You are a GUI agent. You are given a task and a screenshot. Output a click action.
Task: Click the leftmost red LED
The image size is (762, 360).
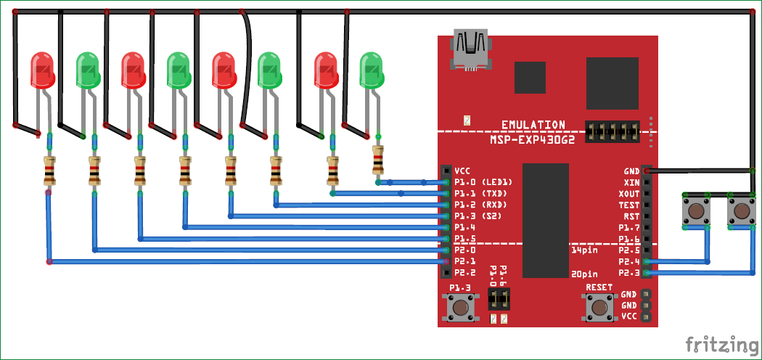41,70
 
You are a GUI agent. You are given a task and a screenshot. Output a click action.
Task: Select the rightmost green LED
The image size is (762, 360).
372,70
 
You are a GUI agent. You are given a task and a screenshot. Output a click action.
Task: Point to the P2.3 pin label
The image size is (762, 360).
628,273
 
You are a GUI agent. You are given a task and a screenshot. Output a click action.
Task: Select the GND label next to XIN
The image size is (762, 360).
631,171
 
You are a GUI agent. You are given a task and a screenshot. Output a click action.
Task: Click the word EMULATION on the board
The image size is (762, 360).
533,125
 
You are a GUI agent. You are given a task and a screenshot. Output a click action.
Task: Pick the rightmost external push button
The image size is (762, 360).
741,211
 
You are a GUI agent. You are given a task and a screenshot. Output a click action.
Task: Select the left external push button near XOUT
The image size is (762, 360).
696,211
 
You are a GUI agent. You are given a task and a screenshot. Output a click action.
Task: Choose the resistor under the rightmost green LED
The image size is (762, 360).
378,159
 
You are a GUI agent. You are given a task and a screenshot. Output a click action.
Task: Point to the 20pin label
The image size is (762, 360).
584,274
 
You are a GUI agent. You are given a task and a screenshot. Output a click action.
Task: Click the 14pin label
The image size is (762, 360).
583,250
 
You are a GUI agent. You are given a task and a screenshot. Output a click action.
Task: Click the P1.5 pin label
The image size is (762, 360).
464,239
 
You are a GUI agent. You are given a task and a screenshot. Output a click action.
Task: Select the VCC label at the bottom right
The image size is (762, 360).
628,317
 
